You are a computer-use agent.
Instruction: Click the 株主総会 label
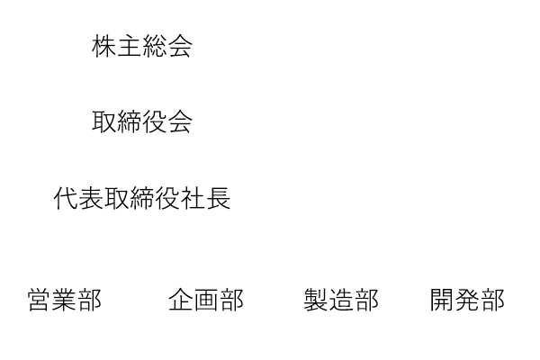142,46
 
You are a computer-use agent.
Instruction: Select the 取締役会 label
142,122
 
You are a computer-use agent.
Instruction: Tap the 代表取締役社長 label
142,198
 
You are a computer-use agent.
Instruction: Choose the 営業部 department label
65,300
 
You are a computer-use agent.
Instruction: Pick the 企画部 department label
206,300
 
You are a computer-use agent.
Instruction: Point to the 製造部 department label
341,300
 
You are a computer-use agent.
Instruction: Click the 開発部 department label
467,300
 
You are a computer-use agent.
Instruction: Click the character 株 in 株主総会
104,46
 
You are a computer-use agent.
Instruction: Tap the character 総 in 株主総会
155,46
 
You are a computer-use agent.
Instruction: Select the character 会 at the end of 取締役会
180,122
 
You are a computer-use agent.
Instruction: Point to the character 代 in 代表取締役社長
66,198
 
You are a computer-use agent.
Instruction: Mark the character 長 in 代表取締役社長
219,198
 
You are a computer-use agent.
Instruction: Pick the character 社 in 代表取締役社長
193,198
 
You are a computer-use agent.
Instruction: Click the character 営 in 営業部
40,300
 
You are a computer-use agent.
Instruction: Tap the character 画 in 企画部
206,300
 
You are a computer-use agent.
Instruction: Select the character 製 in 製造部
316,300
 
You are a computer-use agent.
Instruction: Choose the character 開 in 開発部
442,300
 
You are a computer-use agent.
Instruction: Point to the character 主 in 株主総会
130,46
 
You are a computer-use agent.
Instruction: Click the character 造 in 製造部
341,300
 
